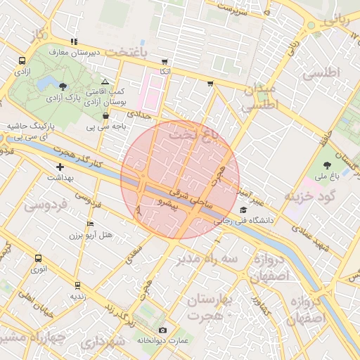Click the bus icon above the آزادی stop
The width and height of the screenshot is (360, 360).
[x=22, y=61]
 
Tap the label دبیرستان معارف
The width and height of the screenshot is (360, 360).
[x=77, y=53]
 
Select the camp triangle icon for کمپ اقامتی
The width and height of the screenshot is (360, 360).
[x=105, y=82]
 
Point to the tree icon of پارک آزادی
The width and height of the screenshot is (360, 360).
[x=64, y=86]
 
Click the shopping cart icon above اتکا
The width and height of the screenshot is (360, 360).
[x=165, y=61]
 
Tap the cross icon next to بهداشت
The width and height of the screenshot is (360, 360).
[x=60, y=167]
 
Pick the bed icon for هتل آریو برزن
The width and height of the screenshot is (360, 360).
[x=89, y=224]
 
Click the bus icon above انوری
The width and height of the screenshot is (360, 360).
[x=38, y=258]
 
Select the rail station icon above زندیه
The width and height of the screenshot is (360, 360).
[x=77, y=285]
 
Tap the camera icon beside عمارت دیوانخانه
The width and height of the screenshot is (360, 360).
[x=163, y=330]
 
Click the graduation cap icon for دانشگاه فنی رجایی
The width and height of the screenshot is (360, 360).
[x=243, y=210]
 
